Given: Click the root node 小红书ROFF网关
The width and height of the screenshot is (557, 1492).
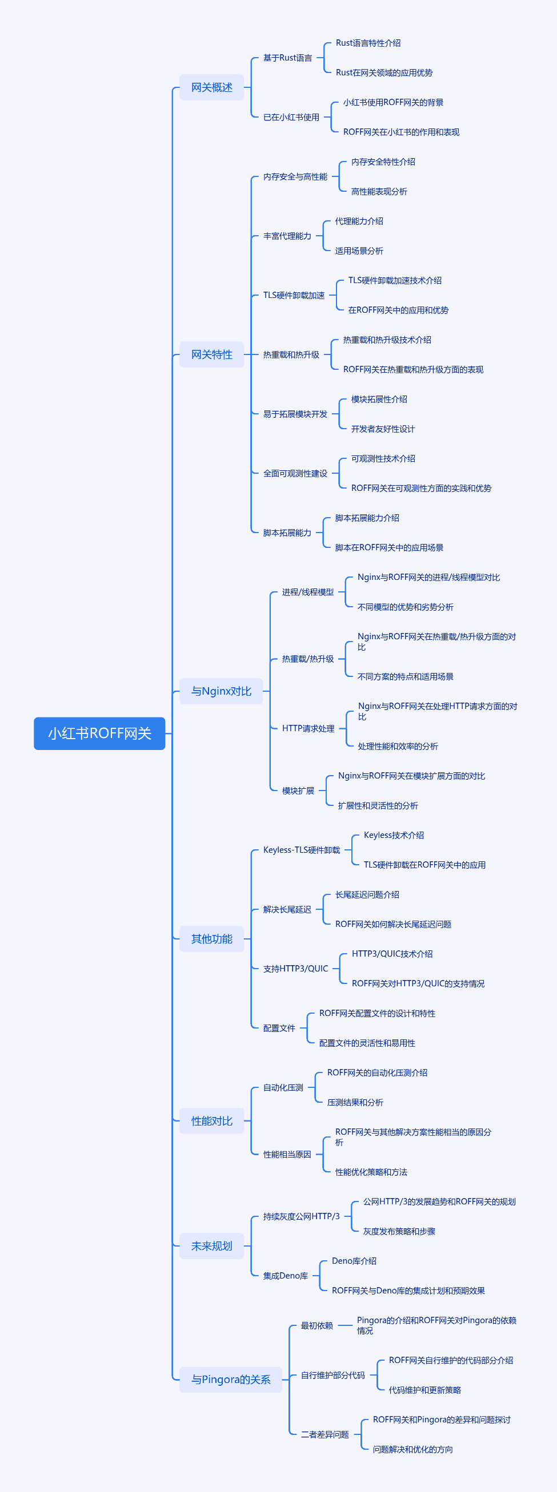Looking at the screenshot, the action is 99,733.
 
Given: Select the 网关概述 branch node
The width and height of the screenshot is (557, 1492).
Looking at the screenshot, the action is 211,87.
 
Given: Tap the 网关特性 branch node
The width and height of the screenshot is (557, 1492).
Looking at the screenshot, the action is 211,354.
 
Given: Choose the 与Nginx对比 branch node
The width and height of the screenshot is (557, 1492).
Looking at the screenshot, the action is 221,691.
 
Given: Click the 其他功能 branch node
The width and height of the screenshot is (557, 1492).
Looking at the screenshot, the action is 211,939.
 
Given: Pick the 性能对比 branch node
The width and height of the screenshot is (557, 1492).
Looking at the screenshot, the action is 211,1122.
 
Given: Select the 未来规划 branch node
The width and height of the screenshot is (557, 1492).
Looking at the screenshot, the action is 211,1246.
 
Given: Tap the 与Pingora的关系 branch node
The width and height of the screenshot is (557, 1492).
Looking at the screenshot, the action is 231,1380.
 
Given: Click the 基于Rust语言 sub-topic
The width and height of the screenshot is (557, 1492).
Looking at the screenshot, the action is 287,58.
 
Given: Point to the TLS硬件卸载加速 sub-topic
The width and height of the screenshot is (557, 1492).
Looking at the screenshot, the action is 294,296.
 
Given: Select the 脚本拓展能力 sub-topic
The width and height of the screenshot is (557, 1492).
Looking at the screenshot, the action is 287,533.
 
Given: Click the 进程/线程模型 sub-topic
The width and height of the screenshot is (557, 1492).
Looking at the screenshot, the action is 308,592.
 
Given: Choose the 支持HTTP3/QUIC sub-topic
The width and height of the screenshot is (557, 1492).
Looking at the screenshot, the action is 295,969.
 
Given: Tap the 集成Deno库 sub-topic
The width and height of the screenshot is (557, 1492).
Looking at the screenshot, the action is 286,1275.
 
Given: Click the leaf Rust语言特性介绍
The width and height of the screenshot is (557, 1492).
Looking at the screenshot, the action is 368,43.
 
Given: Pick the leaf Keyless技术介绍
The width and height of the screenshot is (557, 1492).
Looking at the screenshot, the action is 394,835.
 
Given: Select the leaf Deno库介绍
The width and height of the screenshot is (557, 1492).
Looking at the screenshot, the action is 354,1261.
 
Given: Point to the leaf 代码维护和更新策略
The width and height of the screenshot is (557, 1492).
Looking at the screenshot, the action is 425,1390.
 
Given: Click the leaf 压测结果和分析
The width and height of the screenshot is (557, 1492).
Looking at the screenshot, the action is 355,1102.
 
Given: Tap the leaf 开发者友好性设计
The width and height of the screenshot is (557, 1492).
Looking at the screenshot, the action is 383,429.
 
